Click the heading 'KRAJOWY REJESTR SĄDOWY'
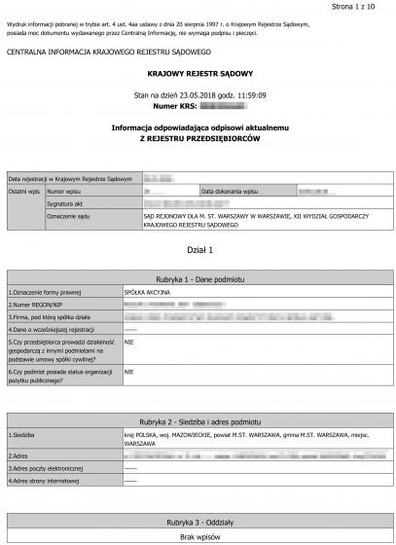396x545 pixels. [x=198, y=72]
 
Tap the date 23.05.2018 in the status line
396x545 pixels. [x=206, y=94]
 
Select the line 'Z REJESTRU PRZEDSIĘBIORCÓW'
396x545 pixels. [x=198, y=136]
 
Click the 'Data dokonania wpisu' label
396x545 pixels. [x=230, y=191]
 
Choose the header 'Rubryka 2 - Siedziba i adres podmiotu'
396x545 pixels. [x=198, y=421]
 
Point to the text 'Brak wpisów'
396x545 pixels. [x=198, y=536]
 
